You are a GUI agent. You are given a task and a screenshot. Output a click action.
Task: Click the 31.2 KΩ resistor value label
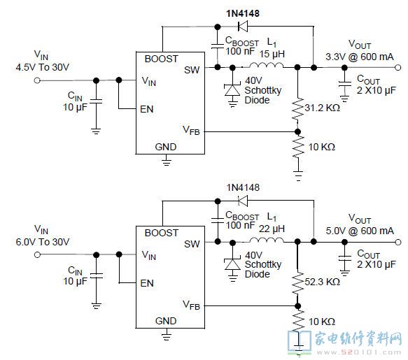coord(322,108)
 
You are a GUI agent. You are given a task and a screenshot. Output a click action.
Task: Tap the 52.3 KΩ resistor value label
coord(322,282)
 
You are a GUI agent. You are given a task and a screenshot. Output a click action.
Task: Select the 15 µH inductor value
coord(272,54)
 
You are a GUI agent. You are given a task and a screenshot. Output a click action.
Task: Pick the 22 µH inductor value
coord(272,229)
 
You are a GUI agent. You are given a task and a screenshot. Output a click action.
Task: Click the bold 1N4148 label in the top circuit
coord(243,13)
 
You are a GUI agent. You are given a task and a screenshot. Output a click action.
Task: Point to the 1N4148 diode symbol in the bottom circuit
coord(243,201)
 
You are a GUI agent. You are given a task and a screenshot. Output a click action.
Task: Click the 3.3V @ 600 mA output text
coord(360,57)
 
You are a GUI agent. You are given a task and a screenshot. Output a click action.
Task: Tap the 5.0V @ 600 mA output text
coord(360,231)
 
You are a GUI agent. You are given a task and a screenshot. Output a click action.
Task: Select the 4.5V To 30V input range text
coord(43,67)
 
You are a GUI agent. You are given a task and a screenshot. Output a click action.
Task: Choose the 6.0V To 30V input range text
coord(43,242)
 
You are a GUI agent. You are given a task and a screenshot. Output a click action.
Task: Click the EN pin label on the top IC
coord(147,109)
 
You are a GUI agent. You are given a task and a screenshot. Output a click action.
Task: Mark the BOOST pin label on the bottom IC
coord(162,233)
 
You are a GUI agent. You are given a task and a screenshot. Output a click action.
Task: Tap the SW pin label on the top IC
coord(192,70)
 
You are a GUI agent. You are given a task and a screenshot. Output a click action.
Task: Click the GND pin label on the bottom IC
coord(166,321)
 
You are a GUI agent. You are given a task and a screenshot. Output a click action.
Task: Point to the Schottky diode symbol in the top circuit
coord(232,89)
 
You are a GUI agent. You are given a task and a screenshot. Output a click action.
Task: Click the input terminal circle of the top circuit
coord(37,80)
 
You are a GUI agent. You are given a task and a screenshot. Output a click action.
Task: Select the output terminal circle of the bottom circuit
coord(398,243)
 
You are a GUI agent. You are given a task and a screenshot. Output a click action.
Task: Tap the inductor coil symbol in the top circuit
coord(267,66)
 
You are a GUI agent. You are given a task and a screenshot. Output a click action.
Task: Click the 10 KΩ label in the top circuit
coord(322,147)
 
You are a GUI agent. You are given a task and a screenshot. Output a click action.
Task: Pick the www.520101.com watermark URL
coord(358,353)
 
